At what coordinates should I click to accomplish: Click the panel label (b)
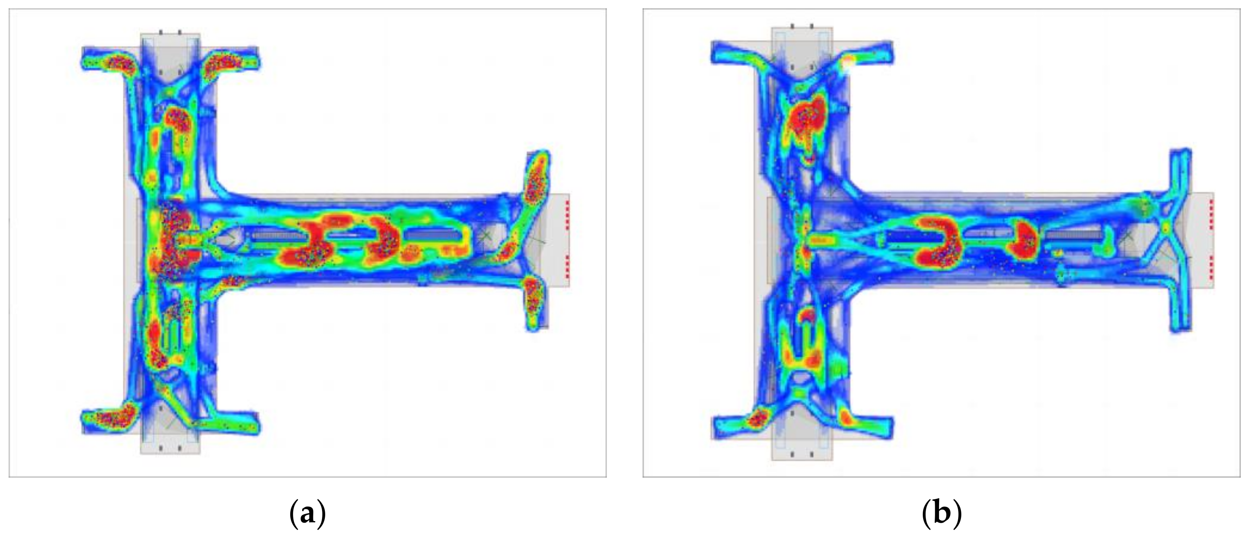tap(941, 513)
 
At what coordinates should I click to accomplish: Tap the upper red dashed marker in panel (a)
tap(567, 213)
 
